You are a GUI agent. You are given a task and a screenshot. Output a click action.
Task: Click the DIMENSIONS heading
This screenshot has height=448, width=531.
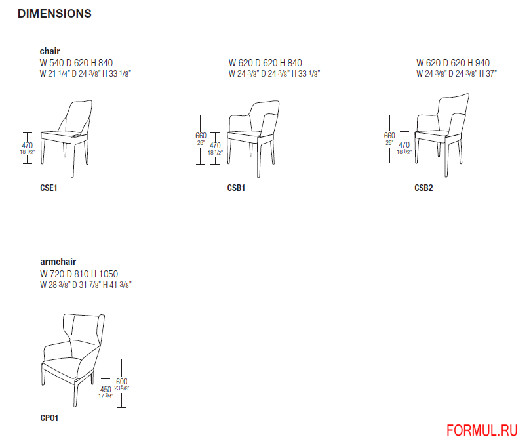point(54,14)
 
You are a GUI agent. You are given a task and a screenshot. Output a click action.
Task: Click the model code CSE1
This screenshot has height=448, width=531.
point(49,188)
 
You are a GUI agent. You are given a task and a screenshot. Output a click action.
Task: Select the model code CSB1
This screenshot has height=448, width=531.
point(236,188)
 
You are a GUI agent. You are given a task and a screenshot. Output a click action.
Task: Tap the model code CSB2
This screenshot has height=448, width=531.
point(423,188)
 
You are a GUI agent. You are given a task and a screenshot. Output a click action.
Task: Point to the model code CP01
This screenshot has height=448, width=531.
point(49,418)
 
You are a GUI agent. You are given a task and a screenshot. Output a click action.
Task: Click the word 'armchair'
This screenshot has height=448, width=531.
point(58,262)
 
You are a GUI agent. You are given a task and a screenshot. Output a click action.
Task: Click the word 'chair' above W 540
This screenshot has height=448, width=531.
point(50,51)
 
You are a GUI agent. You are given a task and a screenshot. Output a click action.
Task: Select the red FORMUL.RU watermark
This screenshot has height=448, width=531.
point(482,431)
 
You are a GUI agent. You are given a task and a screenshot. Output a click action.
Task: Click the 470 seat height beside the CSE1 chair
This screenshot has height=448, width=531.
point(28,146)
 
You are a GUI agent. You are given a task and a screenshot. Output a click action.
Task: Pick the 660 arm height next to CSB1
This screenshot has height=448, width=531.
point(201,136)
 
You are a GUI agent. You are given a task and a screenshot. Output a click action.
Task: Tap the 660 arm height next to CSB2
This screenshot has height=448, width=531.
point(389,136)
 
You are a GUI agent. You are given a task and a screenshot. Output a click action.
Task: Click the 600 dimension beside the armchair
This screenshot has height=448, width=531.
point(121,382)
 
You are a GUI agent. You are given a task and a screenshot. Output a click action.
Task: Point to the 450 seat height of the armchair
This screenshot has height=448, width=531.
point(106,390)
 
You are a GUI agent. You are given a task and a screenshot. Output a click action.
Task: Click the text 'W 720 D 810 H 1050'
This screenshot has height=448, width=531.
point(79,274)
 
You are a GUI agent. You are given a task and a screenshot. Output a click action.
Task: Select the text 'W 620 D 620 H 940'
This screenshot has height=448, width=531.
point(453,63)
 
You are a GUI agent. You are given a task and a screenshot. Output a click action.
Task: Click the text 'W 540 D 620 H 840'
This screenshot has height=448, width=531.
point(76,63)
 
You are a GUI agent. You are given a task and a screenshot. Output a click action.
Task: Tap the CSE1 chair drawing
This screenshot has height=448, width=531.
point(66,138)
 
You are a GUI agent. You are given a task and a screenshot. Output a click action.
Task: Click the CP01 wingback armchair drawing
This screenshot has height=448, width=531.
point(73,360)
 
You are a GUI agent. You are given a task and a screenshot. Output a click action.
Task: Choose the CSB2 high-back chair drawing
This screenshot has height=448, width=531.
point(442,135)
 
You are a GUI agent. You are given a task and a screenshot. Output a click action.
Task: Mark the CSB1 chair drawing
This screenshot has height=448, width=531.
point(253,138)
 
